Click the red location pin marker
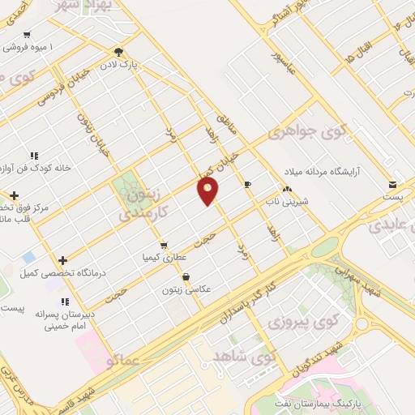point(208,190)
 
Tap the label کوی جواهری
point(319,130)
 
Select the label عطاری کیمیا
point(165,256)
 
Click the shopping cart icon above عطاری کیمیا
point(165,244)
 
